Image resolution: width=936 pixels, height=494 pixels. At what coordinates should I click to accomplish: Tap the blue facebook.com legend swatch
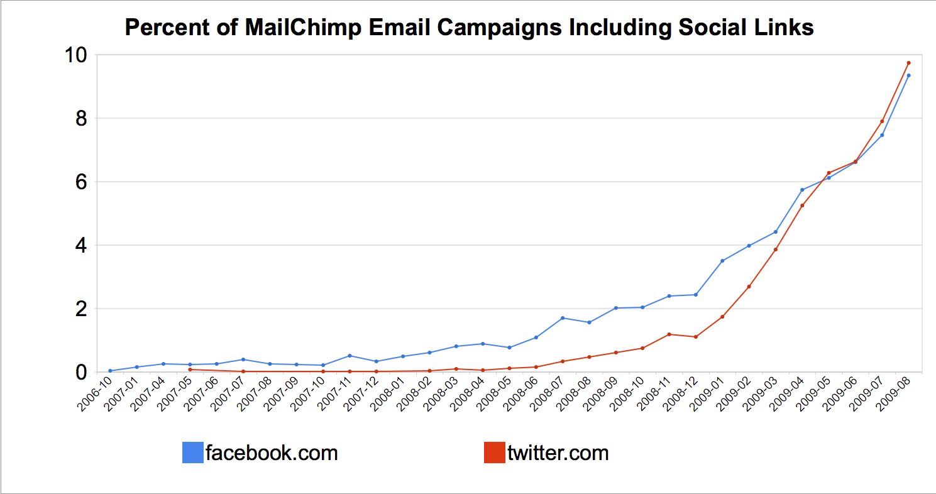(x=192, y=453)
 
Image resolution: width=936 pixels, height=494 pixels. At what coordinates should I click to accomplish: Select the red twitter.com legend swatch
(x=494, y=453)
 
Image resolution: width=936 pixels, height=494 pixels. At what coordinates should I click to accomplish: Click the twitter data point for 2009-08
(x=908, y=63)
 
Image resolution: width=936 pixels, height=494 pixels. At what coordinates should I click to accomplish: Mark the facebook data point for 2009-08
(x=908, y=75)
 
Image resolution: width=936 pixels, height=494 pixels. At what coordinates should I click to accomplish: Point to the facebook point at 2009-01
(x=722, y=261)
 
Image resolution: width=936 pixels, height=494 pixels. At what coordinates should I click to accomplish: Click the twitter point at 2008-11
(x=669, y=334)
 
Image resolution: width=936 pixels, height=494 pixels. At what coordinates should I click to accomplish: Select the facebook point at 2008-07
(x=563, y=318)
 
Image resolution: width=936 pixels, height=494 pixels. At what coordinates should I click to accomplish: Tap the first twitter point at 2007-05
(x=190, y=370)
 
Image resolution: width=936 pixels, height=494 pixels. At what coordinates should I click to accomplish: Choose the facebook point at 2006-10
(x=110, y=371)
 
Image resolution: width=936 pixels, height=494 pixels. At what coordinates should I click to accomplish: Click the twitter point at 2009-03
(x=776, y=250)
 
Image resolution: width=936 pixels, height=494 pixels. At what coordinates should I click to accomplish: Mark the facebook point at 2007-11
(x=350, y=356)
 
